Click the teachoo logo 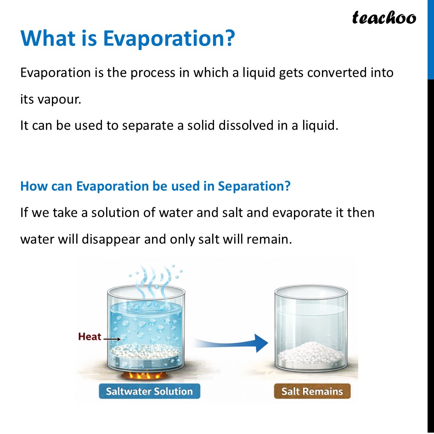[384, 18]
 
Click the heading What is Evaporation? [127, 39]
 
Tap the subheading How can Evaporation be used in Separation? [155, 186]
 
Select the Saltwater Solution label [149, 391]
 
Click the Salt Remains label [312, 391]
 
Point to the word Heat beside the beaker [90, 337]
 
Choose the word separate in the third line [149, 125]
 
